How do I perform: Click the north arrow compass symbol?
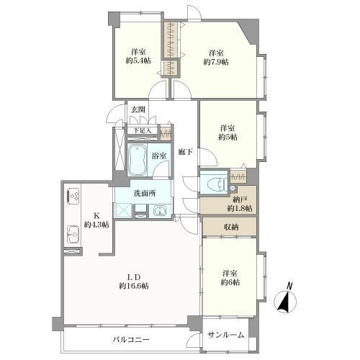pos(285,302)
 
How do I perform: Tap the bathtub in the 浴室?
pos(137,160)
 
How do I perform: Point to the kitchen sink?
pos(73,234)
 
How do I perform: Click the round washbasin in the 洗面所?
pos(159,211)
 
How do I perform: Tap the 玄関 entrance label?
pos(138,109)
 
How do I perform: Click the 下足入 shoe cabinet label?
pos(142,131)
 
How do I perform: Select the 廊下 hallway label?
pos(186,152)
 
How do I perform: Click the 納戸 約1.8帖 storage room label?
pos(240,204)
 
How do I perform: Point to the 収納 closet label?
pos(231,227)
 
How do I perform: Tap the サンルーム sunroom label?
pos(226,335)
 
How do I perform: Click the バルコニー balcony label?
pos(131,340)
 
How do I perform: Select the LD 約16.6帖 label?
pos(134,282)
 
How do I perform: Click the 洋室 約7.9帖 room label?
pos(216,58)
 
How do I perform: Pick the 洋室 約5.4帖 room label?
pos(138,56)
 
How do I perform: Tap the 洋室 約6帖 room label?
pos(230,278)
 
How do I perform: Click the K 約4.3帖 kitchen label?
pos(96,220)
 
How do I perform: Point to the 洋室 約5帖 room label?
pos(228,132)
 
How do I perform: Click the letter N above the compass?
pos(290,286)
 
